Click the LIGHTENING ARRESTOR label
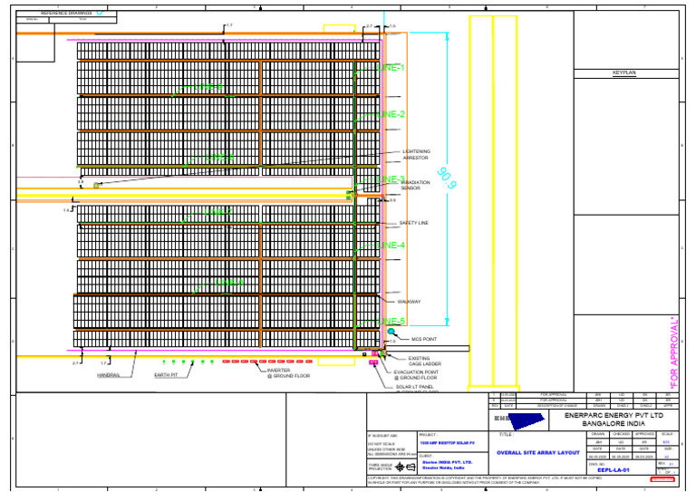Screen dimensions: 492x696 click(x=416, y=155)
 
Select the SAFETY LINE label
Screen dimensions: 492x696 click(x=413, y=223)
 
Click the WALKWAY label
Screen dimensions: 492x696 click(x=409, y=302)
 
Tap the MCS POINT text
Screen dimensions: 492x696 click(x=424, y=340)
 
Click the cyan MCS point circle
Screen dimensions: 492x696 click(x=391, y=332)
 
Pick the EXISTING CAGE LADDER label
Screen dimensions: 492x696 click(x=413, y=361)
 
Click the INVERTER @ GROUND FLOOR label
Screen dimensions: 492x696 click(x=288, y=372)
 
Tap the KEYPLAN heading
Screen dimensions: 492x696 click(x=625, y=72)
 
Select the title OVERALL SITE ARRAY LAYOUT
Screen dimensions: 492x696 click(x=537, y=452)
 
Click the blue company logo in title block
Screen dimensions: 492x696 click(x=523, y=420)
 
